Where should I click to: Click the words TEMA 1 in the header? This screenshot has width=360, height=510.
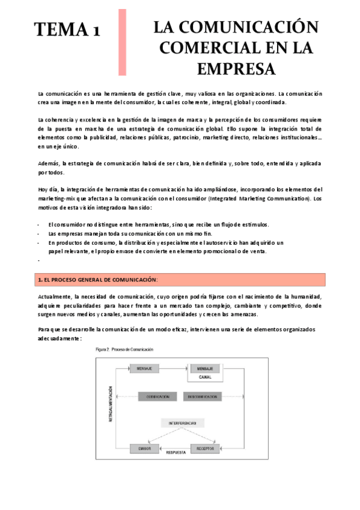pos(66,29)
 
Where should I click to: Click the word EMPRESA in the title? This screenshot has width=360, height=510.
pos(235,68)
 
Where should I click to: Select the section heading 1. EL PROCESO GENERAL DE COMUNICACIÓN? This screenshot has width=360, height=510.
pos(98,280)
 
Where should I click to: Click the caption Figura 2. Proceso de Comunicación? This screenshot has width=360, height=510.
pos(124,349)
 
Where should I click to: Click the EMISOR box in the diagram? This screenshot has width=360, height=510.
pos(144,448)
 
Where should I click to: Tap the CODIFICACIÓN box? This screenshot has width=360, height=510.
pos(157,397)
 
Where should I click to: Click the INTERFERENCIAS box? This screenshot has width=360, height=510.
pos(179,423)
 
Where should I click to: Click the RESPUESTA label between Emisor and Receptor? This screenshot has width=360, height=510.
pos(176,452)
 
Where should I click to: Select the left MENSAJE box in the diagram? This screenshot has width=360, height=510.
pos(144,367)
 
